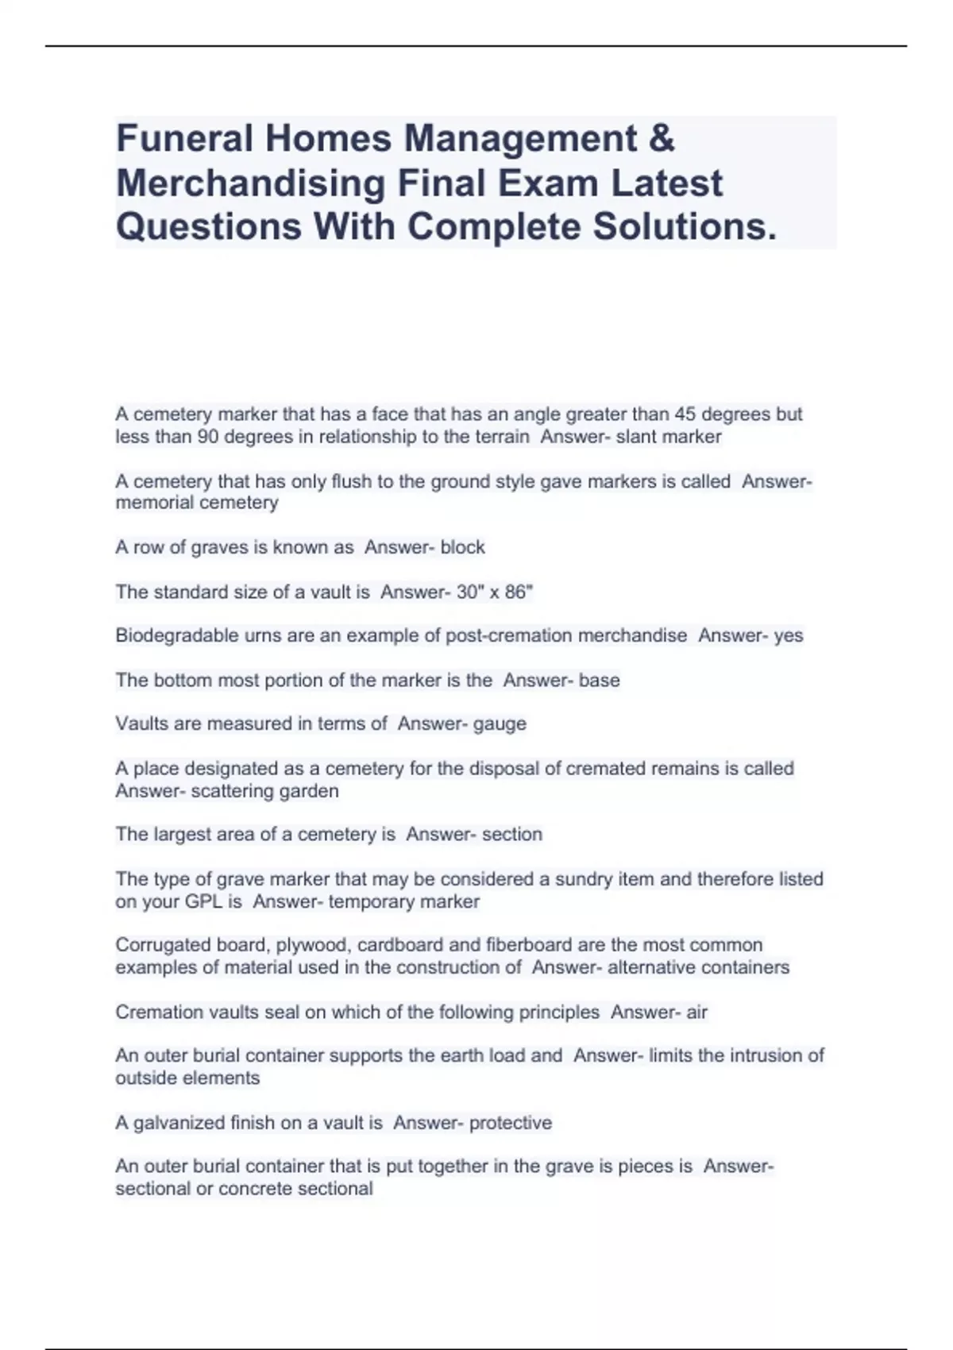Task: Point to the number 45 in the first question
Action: tap(685, 415)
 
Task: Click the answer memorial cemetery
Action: tap(197, 503)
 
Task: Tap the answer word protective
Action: tap(510, 1123)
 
